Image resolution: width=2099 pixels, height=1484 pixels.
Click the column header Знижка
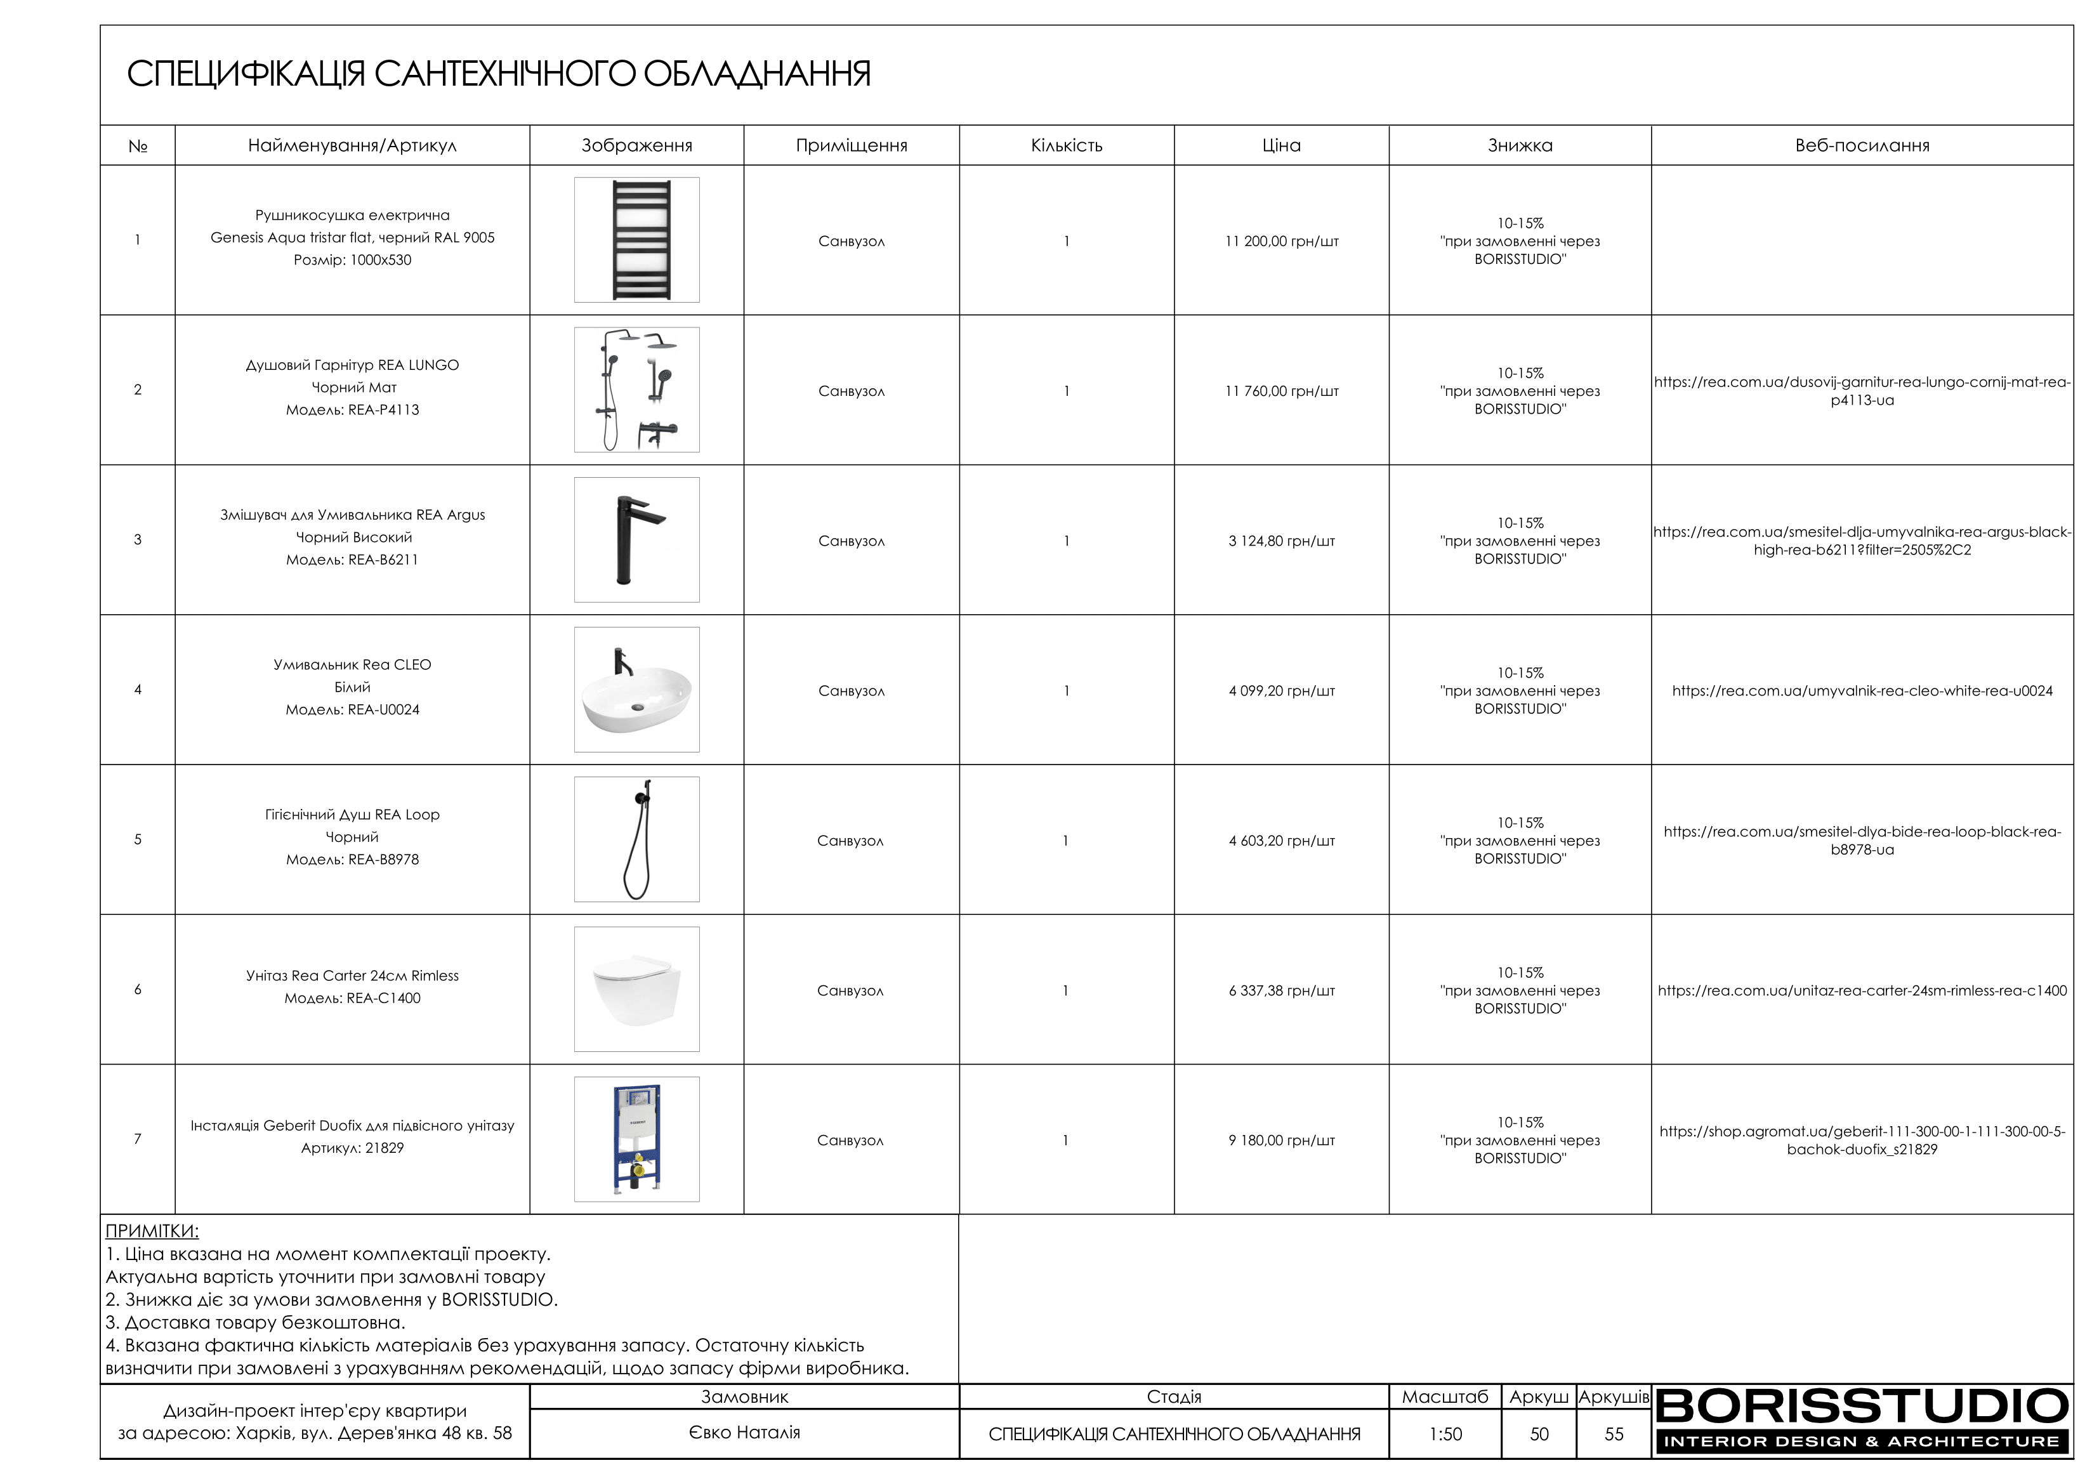pyautogui.click(x=1520, y=145)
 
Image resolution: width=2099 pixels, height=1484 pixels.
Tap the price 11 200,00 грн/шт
pyautogui.click(x=1281, y=241)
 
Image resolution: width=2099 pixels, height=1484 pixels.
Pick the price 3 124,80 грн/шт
pyautogui.click(x=1281, y=541)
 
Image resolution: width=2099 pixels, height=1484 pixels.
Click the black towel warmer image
pyautogui.click(x=636, y=240)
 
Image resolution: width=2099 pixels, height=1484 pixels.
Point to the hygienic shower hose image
pyautogui.click(x=636, y=839)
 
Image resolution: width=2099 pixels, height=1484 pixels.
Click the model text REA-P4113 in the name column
pyautogui.click(x=352, y=410)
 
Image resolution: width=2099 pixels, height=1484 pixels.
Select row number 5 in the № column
pyautogui.click(x=138, y=839)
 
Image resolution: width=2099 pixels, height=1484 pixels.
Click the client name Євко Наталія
pyautogui.click(x=744, y=1433)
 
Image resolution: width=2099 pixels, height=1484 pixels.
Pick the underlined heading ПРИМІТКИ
pyautogui.click(x=152, y=1231)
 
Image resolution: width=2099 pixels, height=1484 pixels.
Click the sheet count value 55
pyautogui.click(x=1614, y=1435)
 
